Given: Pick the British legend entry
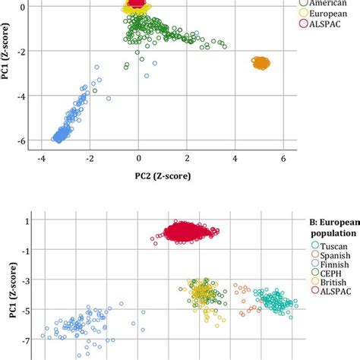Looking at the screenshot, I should (x=328, y=290).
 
